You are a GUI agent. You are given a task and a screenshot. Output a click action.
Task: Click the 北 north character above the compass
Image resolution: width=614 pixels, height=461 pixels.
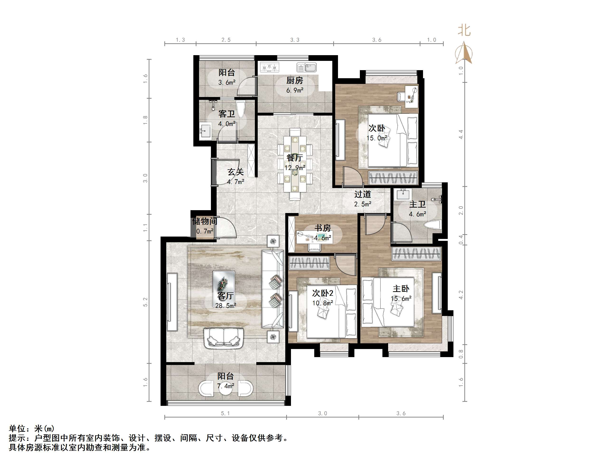click(464, 30)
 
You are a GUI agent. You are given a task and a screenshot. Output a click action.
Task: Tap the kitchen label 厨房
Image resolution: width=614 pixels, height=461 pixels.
click(295, 81)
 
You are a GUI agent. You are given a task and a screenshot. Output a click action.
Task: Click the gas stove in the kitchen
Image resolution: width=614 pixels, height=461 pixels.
click(269, 67)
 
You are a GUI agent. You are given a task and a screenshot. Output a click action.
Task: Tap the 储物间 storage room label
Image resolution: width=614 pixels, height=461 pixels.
click(205, 222)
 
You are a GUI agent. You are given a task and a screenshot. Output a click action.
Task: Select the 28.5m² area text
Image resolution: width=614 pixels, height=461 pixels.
click(226, 306)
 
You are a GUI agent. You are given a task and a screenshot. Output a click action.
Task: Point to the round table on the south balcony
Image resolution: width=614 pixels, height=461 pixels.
click(225, 389)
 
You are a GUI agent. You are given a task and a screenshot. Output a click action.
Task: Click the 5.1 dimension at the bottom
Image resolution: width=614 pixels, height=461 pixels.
click(225, 413)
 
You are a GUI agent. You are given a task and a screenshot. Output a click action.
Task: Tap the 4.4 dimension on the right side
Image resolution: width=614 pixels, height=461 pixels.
click(461, 135)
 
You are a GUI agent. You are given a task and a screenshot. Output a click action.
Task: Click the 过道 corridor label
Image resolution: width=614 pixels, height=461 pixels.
click(362, 194)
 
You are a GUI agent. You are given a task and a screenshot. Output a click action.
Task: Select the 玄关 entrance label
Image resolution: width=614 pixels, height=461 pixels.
click(235, 172)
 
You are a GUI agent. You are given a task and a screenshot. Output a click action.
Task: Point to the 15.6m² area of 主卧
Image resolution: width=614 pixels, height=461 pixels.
click(401, 299)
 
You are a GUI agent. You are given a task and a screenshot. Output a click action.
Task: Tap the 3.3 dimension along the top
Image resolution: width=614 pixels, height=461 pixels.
click(295, 40)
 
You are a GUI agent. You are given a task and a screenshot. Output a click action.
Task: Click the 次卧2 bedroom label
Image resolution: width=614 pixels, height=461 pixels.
click(323, 293)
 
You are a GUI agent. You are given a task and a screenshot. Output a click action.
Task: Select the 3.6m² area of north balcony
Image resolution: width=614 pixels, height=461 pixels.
click(227, 82)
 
